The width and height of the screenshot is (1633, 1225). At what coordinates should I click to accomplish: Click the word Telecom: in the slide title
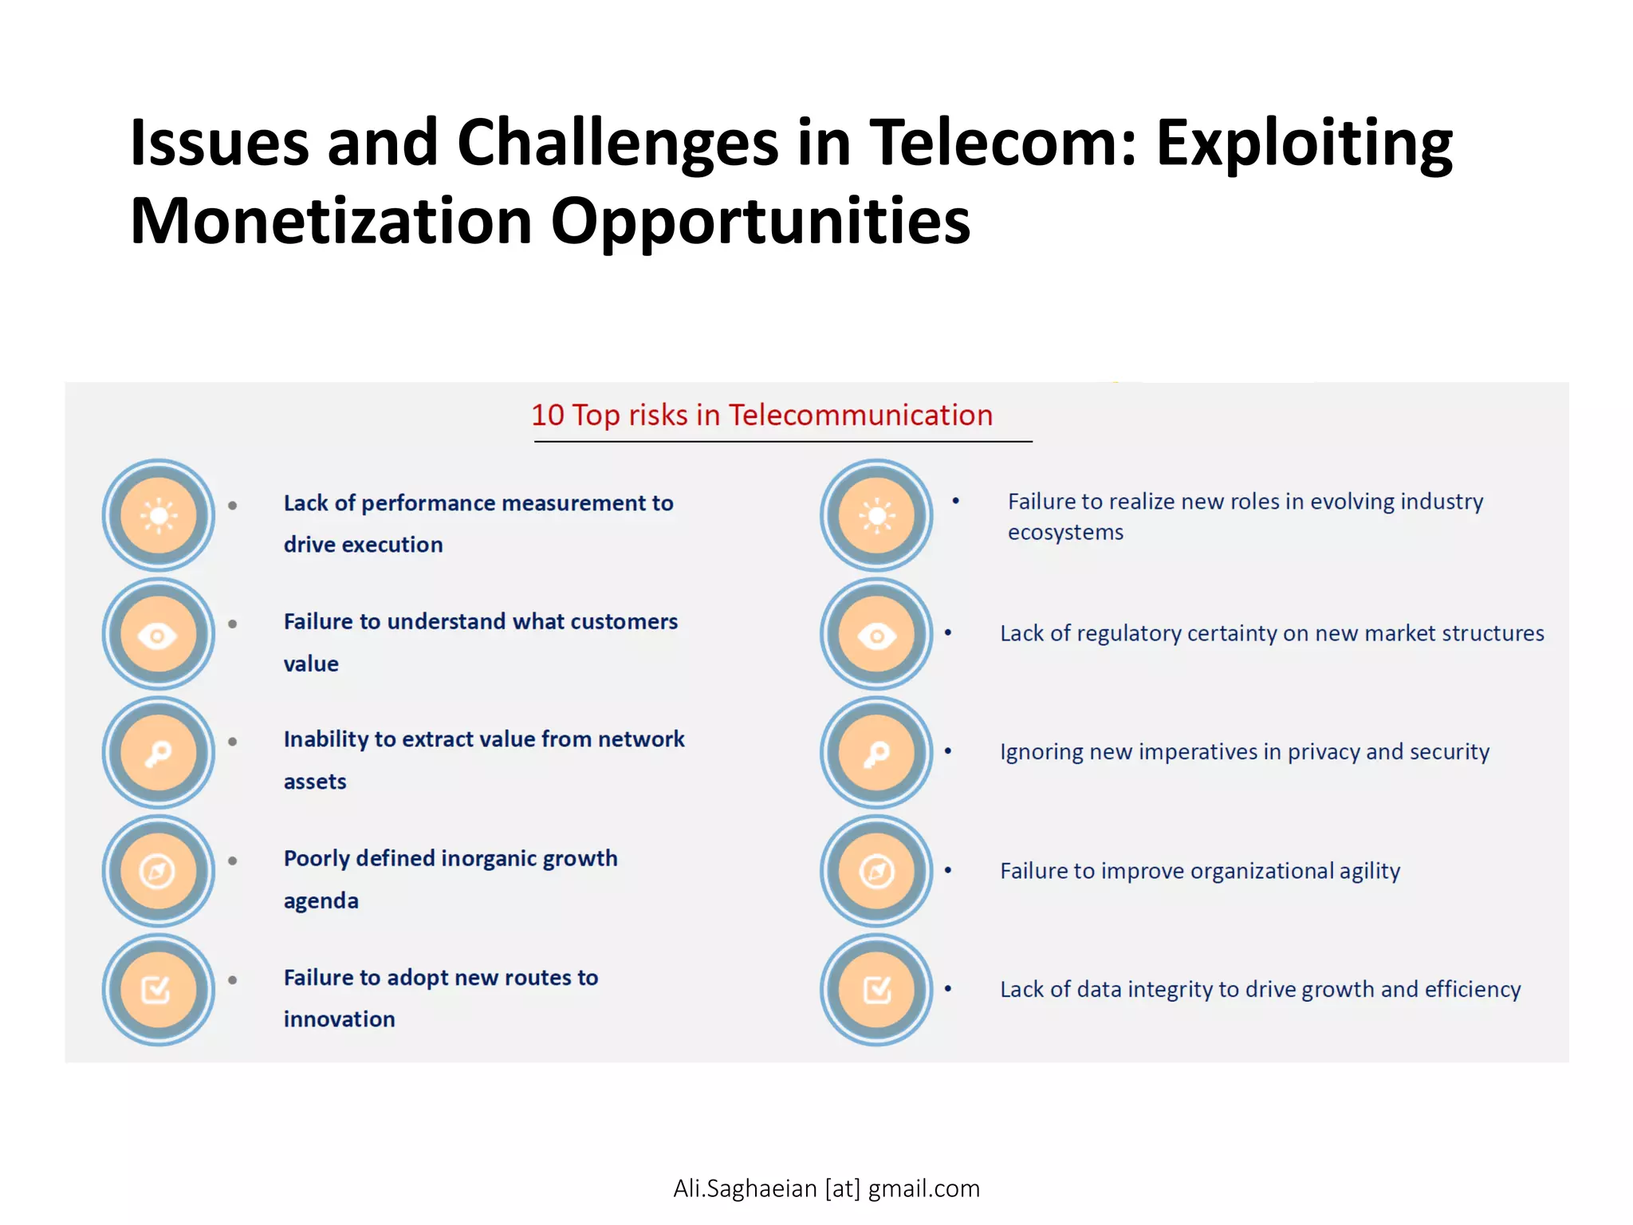pos(1001,144)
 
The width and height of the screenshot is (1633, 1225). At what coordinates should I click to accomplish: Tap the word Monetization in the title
pos(330,222)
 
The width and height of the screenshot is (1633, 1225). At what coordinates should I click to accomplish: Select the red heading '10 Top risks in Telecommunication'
pos(761,416)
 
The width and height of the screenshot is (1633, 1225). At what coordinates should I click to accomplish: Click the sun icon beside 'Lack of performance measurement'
pos(159,516)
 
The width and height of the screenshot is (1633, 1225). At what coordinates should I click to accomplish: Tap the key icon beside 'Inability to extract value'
pos(159,753)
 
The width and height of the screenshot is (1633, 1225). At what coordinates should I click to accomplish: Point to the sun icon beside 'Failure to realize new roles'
pos(876,516)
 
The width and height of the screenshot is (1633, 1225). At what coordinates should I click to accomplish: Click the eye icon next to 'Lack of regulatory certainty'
pos(876,635)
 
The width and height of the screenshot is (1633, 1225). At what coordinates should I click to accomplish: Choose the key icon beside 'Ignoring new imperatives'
pos(876,753)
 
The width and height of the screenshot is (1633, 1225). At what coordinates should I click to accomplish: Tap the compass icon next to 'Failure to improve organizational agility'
pos(876,871)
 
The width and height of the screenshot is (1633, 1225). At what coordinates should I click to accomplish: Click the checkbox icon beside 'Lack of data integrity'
pos(876,990)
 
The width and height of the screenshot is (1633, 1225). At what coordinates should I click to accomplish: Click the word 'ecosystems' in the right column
pos(1065,533)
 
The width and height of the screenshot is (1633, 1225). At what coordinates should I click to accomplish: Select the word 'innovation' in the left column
pos(339,1019)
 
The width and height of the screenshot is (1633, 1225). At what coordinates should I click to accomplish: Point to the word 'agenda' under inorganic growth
pos(321,901)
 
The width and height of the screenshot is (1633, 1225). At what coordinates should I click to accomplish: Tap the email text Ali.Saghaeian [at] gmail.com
pos(826,1188)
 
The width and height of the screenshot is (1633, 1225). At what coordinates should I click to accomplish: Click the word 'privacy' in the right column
pos(1323,752)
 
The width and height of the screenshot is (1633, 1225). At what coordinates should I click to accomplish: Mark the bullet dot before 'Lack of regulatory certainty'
pos(948,632)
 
